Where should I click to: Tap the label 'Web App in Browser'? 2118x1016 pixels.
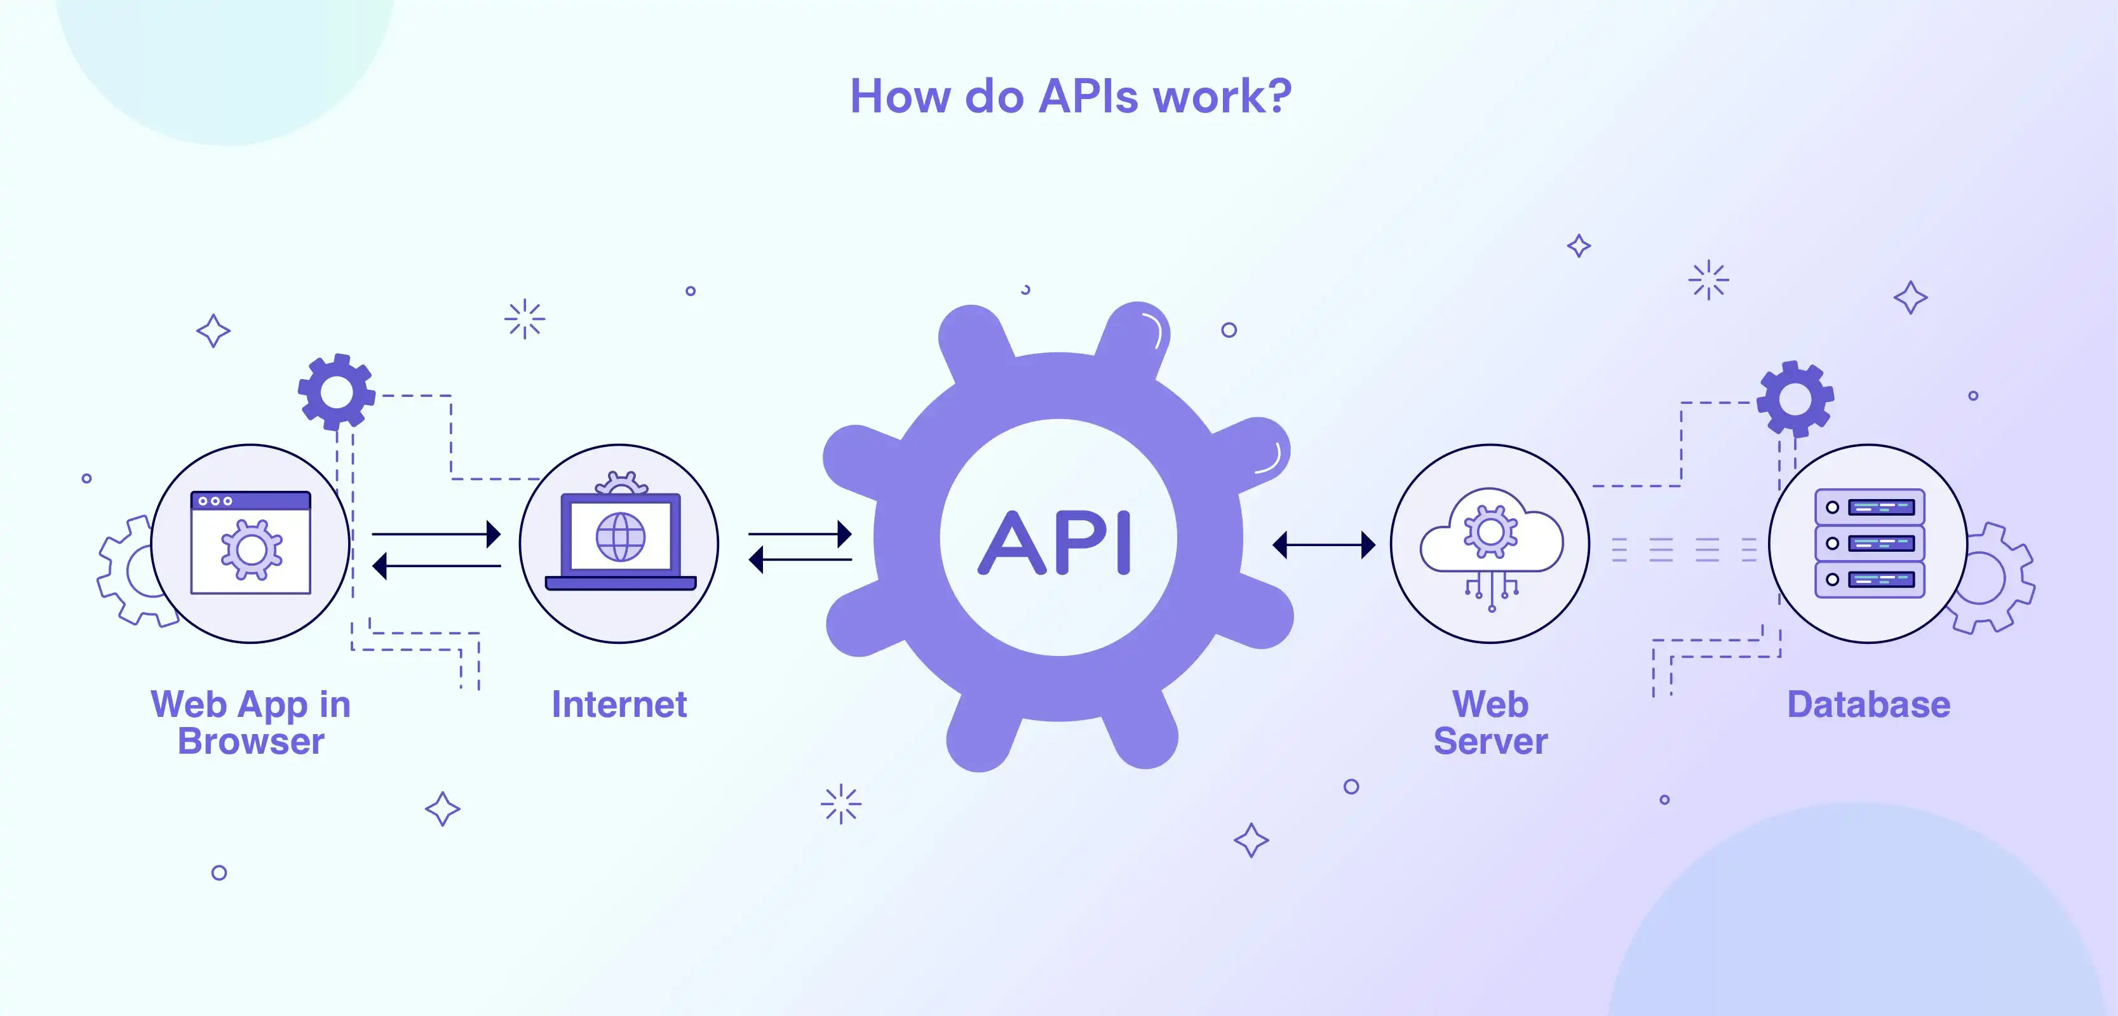pyautogui.click(x=251, y=723)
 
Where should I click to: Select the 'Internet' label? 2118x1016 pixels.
pyautogui.click(x=619, y=704)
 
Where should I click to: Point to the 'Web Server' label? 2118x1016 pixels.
pyautogui.click(x=1490, y=723)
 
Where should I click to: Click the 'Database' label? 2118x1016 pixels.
pyautogui.click(x=1868, y=704)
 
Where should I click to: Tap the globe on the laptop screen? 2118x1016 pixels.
pyautogui.click(x=621, y=537)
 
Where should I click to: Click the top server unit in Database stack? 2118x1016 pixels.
pyautogui.click(x=1869, y=507)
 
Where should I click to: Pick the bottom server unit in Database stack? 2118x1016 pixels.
pyautogui.click(x=1869, y=580)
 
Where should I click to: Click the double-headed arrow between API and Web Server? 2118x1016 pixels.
pyautogui.click(x=1324, y=544)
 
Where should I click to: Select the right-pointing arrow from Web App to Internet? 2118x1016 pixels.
pyautogui.click(x=436, y=534)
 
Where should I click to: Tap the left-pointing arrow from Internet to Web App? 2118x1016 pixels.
pyautogui.click(x=436, y=566)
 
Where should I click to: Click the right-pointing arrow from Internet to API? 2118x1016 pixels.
pyautogui.click(x=799, y=534)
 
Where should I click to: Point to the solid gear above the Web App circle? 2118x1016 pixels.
pyautogui.click(x=336, y=392)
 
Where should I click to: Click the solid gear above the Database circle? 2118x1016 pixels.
pyautogui.click(x=1795, y=399)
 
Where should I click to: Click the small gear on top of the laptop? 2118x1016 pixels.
pyautogui.click(x=621, y=483)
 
